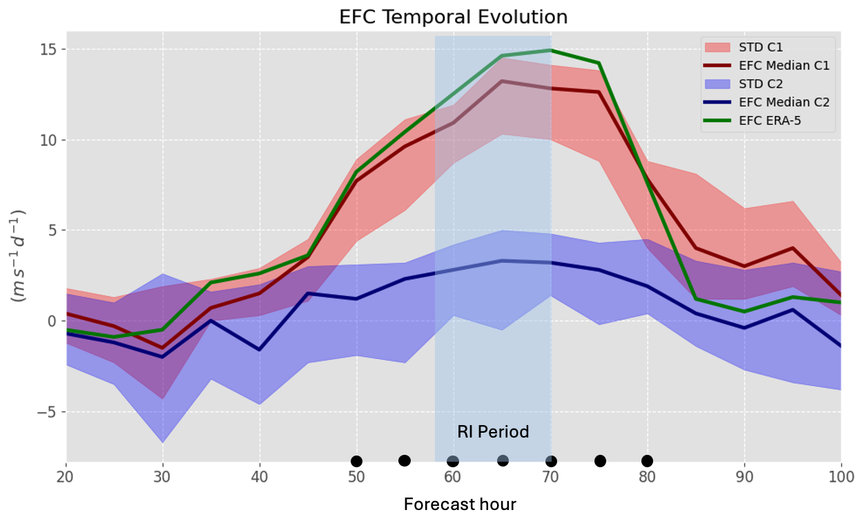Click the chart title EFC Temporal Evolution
tap(453, 17)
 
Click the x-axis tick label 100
tap(840, 476)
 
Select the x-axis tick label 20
tap(66, 476)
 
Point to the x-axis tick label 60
tap(454, 476)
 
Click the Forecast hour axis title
tap(460, 505)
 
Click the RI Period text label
tap(493, 432)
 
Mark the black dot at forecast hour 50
tap(356, 461)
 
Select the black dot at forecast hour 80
tap(647, 460)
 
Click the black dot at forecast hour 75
tap(600, 460)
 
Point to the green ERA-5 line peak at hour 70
tap(550, 50)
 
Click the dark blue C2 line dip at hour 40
tap(260, 350)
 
